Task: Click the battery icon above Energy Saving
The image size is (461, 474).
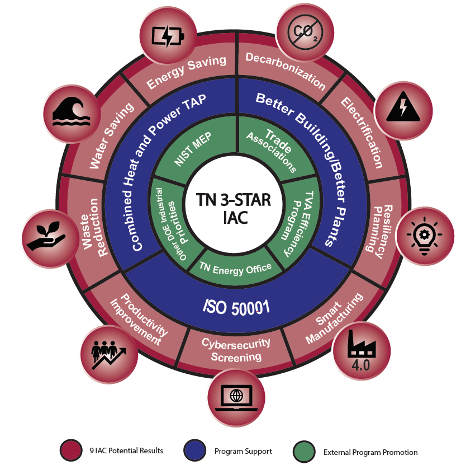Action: click(168, 36)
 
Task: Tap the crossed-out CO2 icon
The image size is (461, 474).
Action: click(304, 31)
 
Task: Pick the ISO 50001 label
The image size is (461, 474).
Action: click(236, 307)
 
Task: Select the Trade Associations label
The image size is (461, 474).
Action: click(272, 149)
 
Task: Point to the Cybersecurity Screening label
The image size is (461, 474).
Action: click(236, 350)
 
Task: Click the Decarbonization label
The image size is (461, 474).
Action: click(286, 71)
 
